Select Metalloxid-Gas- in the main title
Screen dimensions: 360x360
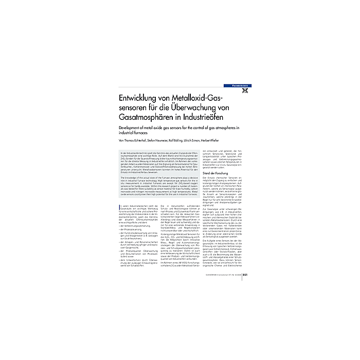(201, 99)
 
